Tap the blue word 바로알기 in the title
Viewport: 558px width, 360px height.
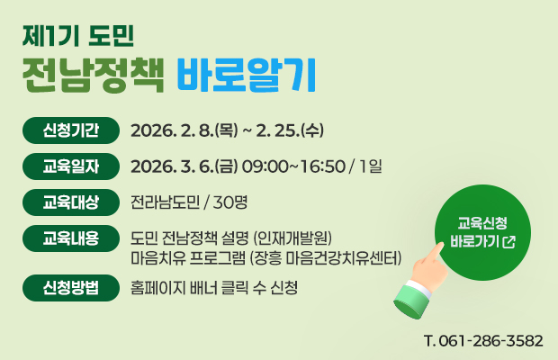point(245,76)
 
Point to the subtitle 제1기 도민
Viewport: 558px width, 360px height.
point(79,36)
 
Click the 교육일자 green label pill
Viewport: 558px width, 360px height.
point(71,165)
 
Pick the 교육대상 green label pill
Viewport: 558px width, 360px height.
point(71,200)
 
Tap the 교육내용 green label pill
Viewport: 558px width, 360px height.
point(71,238)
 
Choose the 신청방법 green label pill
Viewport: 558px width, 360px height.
point(71,288)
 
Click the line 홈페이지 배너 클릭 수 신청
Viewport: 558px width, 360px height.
point(214,288)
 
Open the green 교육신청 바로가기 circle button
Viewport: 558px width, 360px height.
point(481,232)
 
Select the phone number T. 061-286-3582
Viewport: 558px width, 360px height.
point(481,341)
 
